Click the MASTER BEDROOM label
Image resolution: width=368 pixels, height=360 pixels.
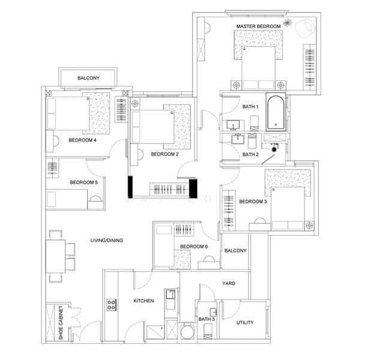258,26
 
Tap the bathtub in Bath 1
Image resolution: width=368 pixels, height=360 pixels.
276,112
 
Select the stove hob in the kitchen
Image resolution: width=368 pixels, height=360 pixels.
111,305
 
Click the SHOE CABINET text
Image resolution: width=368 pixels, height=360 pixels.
61,322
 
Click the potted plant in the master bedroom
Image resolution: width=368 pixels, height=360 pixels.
287,23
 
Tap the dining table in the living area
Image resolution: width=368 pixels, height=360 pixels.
56,256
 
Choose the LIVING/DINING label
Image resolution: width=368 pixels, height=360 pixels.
107,241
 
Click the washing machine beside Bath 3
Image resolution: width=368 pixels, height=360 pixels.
188,331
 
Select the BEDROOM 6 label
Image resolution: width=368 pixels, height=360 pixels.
194,247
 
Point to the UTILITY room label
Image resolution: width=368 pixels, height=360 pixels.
245,323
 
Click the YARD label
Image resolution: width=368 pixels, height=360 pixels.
228,283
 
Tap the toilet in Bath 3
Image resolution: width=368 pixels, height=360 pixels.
208,331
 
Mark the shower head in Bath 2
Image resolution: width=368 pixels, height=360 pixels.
274,149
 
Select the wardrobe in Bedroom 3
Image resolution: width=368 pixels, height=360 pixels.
228,210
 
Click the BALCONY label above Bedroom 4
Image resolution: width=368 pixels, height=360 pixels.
89,78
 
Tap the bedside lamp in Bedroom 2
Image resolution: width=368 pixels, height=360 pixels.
135,103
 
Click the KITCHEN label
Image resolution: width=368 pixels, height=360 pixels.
144,301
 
